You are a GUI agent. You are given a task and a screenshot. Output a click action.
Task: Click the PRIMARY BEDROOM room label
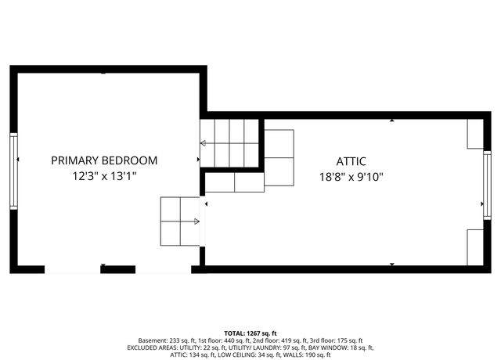[x=104, y=160]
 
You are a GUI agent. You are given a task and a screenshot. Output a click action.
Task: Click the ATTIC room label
[x=351, y=162]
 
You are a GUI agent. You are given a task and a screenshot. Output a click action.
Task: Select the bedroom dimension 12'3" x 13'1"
[x=104, y=177]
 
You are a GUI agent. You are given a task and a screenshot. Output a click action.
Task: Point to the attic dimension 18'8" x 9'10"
[x=351, y=177]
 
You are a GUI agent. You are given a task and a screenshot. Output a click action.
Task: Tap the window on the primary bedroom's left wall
[x=13, y=170]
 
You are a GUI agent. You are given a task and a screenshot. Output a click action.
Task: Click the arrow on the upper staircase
[x=205, y=143]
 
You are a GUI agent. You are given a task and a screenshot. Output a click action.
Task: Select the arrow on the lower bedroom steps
[x=195, y=221]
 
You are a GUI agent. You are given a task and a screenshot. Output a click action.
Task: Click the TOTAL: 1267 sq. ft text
[x=250, y=333]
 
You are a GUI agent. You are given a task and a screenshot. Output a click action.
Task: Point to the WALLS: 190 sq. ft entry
[x=305, y=355]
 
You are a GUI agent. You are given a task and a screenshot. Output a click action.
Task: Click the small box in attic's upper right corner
[x=475, y=134]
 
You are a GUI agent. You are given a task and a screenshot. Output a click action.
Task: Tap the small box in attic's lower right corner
[x=475, y=247]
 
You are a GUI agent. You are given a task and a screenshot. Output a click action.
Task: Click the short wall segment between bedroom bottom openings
[x=117, y=269]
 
